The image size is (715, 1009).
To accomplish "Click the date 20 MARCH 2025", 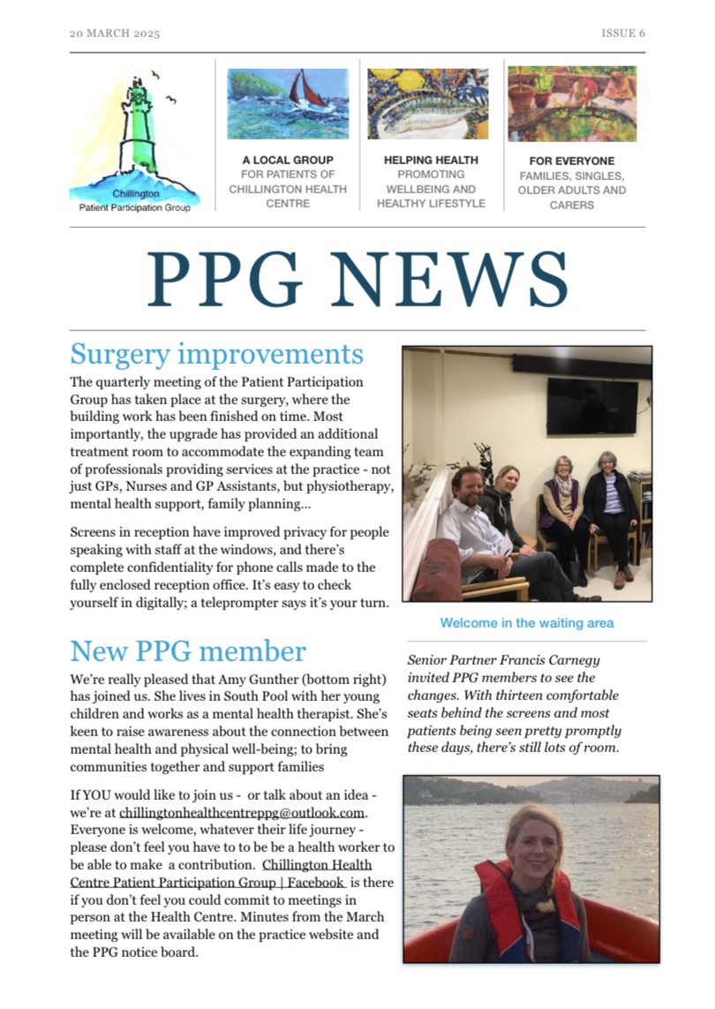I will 115,34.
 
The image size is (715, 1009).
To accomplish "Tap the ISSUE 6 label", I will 622,34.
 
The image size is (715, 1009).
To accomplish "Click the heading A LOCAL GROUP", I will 288,161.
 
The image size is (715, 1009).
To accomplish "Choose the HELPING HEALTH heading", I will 431,161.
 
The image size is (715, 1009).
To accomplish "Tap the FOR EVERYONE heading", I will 572,162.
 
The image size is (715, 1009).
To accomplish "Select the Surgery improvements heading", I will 216,354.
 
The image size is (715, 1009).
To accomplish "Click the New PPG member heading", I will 188,651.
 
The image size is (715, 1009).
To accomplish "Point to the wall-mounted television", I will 592,405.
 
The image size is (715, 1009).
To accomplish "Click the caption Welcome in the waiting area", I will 526,623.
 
